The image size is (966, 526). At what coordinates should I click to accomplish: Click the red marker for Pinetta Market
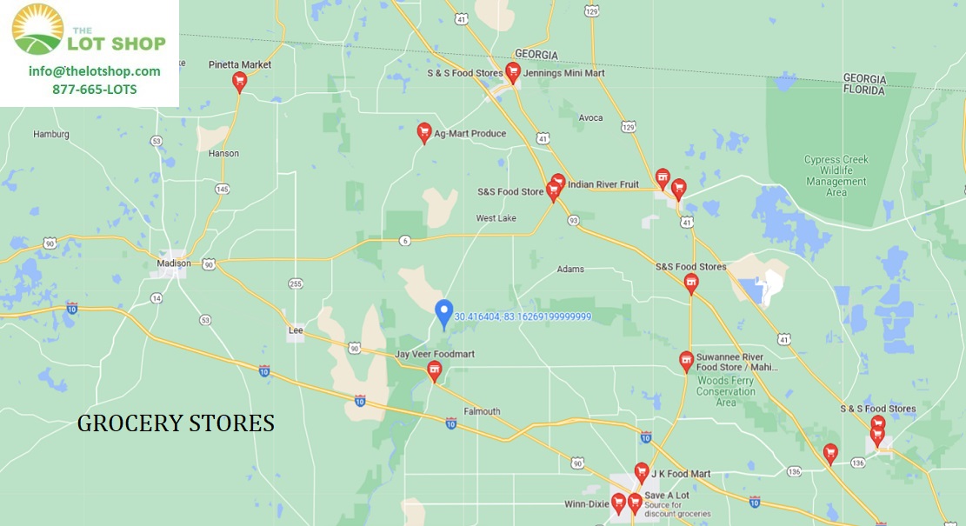coord(239,82)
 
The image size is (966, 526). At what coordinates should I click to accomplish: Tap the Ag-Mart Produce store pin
coord(424,132)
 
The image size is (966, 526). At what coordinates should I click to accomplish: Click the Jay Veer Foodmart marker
coord(434,371)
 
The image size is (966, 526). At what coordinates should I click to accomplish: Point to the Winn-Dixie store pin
coord(618,503)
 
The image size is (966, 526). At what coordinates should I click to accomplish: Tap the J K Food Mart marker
coord(642,472)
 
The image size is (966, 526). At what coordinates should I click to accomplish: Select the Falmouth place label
coord(482,411)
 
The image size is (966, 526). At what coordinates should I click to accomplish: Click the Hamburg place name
coord(50,135)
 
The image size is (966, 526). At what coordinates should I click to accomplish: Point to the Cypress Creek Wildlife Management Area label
coord(836,176)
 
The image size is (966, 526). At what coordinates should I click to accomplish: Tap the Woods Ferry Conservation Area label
coord(725,390)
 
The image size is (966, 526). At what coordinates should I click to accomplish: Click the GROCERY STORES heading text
coord(176,423)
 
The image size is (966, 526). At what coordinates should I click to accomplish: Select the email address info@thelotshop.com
coord(94,71)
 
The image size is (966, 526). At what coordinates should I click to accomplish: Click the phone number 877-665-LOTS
coord(94,90)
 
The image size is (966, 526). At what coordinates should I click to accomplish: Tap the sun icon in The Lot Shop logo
coord(37,29)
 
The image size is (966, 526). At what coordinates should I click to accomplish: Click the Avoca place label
coord(590,117)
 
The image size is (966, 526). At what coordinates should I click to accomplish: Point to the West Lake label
coord(496,218)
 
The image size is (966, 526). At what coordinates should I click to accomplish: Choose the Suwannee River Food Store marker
coord(686,361)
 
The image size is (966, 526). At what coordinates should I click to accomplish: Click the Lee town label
coord(296,330)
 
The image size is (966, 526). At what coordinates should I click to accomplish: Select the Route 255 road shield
coord(296,283)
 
